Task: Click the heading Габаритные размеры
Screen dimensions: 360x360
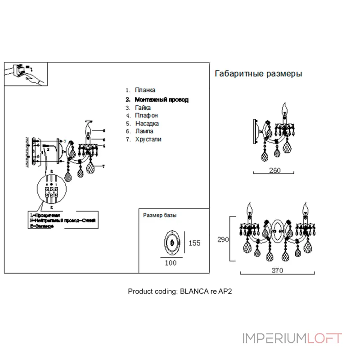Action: [258, 74]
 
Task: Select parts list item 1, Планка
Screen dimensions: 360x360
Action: [145, 90]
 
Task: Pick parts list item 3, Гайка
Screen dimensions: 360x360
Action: [143, 108]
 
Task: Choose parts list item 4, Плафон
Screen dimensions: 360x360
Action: [146, 116]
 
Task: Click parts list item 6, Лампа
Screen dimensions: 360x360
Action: [144, 131]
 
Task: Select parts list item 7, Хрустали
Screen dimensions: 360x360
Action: [148, 139]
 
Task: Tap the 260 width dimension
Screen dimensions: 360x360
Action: [274, 170]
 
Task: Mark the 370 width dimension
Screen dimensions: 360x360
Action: [277, 271]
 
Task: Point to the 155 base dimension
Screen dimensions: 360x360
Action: [194, 243]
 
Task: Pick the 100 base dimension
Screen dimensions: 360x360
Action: [171, 263]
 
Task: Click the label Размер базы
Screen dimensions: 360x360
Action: [159, 216]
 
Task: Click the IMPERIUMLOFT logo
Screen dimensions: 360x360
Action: [292, 338]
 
